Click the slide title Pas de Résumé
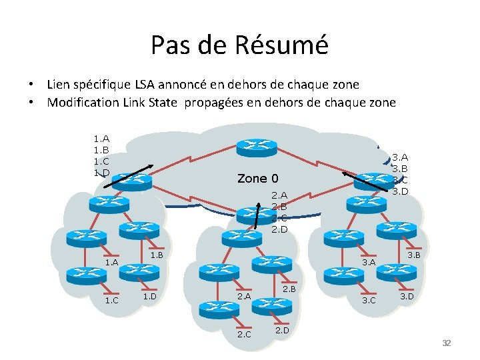coord(239,45)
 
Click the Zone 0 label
coord(257,179)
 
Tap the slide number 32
coord(447,343)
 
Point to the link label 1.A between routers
coord(111,263)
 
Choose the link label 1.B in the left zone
coord(157,255)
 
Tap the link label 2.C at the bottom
coord(244,334)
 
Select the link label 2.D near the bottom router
coord(281,329)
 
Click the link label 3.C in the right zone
coord(369,301)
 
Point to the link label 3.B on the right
coord(413,255)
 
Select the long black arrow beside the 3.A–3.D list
coord(365,181)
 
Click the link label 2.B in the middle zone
coord(289,289)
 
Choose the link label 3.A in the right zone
coord(369,263)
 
